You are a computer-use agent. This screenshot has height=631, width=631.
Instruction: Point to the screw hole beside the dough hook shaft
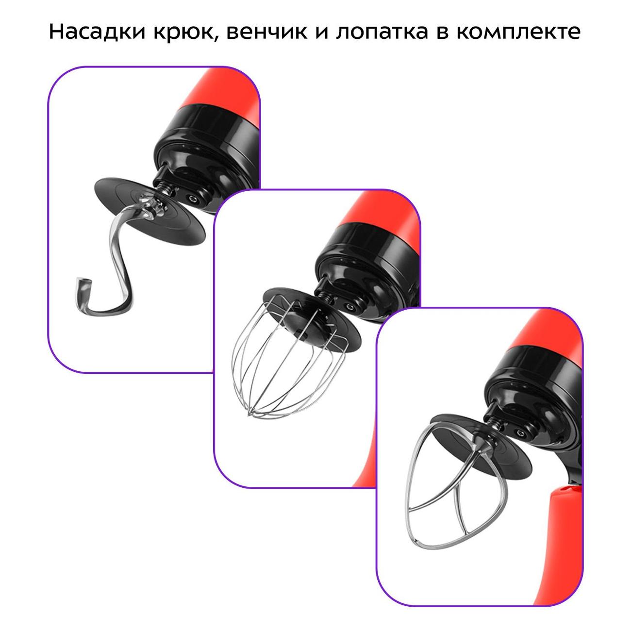click(x=194, y=199)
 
